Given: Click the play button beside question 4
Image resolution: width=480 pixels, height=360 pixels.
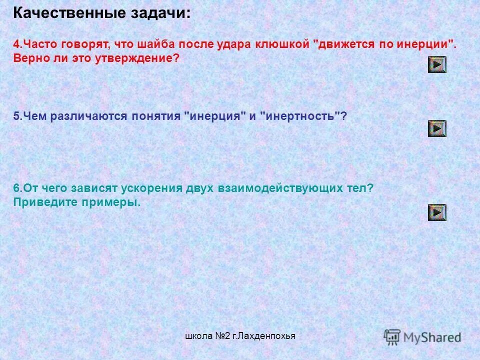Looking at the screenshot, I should [x=437, y=64].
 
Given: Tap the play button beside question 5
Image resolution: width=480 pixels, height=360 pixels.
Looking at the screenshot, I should [x=437, y=128].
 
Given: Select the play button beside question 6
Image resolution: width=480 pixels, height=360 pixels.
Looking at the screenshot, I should [x=437, y=212].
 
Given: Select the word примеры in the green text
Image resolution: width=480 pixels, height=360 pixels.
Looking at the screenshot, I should [x=114, y=202].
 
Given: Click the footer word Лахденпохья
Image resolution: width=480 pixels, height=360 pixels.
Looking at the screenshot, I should [x=267, y=336].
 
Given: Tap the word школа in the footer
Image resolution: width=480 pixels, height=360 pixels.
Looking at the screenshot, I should [x=198, y=336].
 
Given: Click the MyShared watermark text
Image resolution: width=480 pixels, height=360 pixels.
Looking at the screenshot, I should [x=432, y=337].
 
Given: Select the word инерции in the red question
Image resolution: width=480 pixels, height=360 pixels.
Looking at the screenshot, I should [x=425, y=44].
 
